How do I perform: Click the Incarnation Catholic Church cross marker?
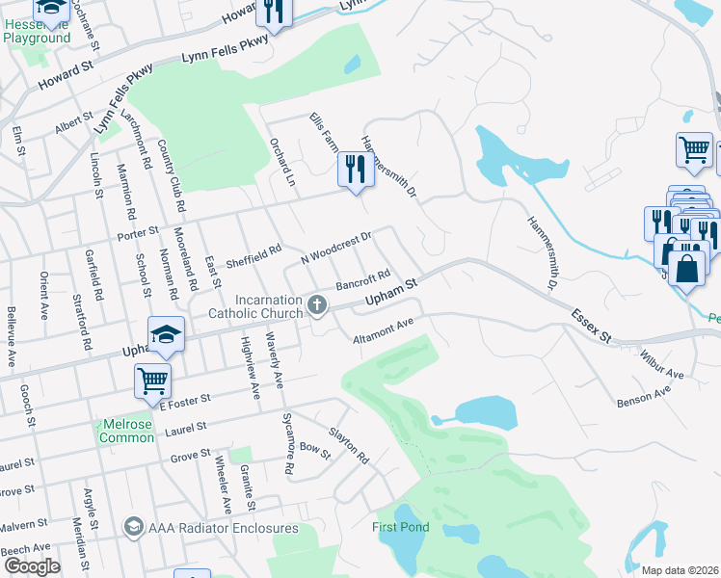tap(317, 306)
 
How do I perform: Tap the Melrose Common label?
tap(126, 431)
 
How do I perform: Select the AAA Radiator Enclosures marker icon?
tap(134, 528)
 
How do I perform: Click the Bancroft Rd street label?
tap(362, 282)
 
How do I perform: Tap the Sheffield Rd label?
tap(253, 255)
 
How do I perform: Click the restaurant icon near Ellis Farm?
tap(355, 171)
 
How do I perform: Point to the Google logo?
tap(32, 566)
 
